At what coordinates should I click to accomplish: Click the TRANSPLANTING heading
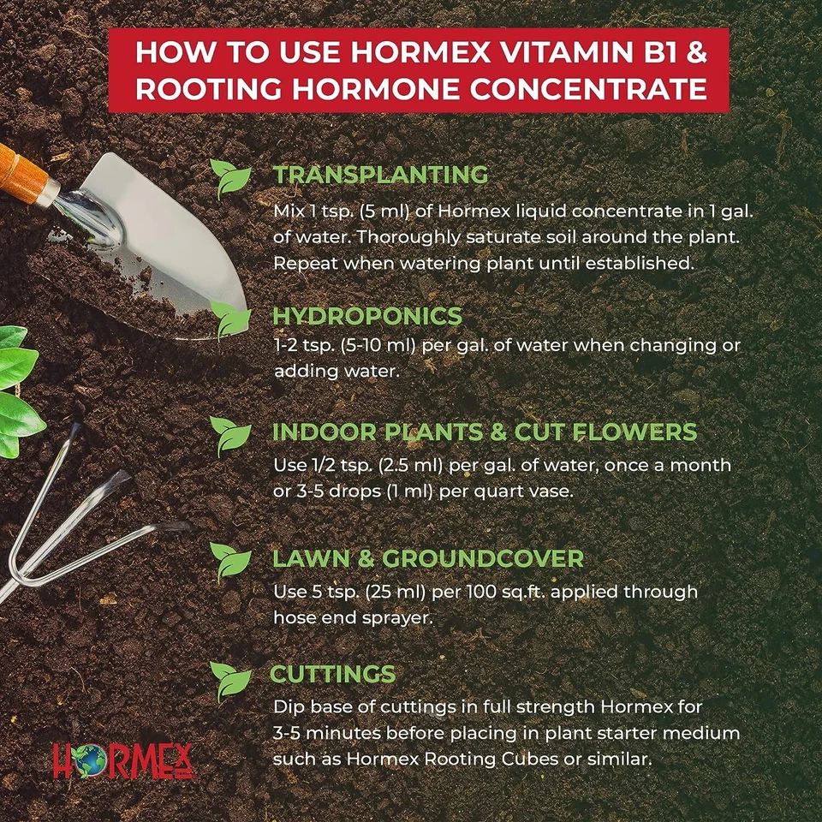pyautogui.click(x=380, y=175)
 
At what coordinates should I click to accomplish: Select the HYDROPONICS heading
pyautogui.click(x=366, y=316)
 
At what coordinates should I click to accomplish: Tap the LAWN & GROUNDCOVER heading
pyautogui.click(x=427, y=559)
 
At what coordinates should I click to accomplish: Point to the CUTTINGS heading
pyautogui.click(x=333, y=673)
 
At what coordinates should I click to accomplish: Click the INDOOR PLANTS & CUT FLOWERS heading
pyautogui.click(x=485, y=432)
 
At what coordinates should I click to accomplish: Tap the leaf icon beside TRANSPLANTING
pyautogui.click(x=231, y=178)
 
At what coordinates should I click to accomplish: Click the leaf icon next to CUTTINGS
pyautogui.click(x=230, y=680)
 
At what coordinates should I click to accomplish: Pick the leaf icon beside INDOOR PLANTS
pyautogui.click(x=230, y=436)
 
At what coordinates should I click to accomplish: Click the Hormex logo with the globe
pyautogui.click(x=123, y=759)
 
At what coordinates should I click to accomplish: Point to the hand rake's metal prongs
pyautogui.click(x=86, y=514)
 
